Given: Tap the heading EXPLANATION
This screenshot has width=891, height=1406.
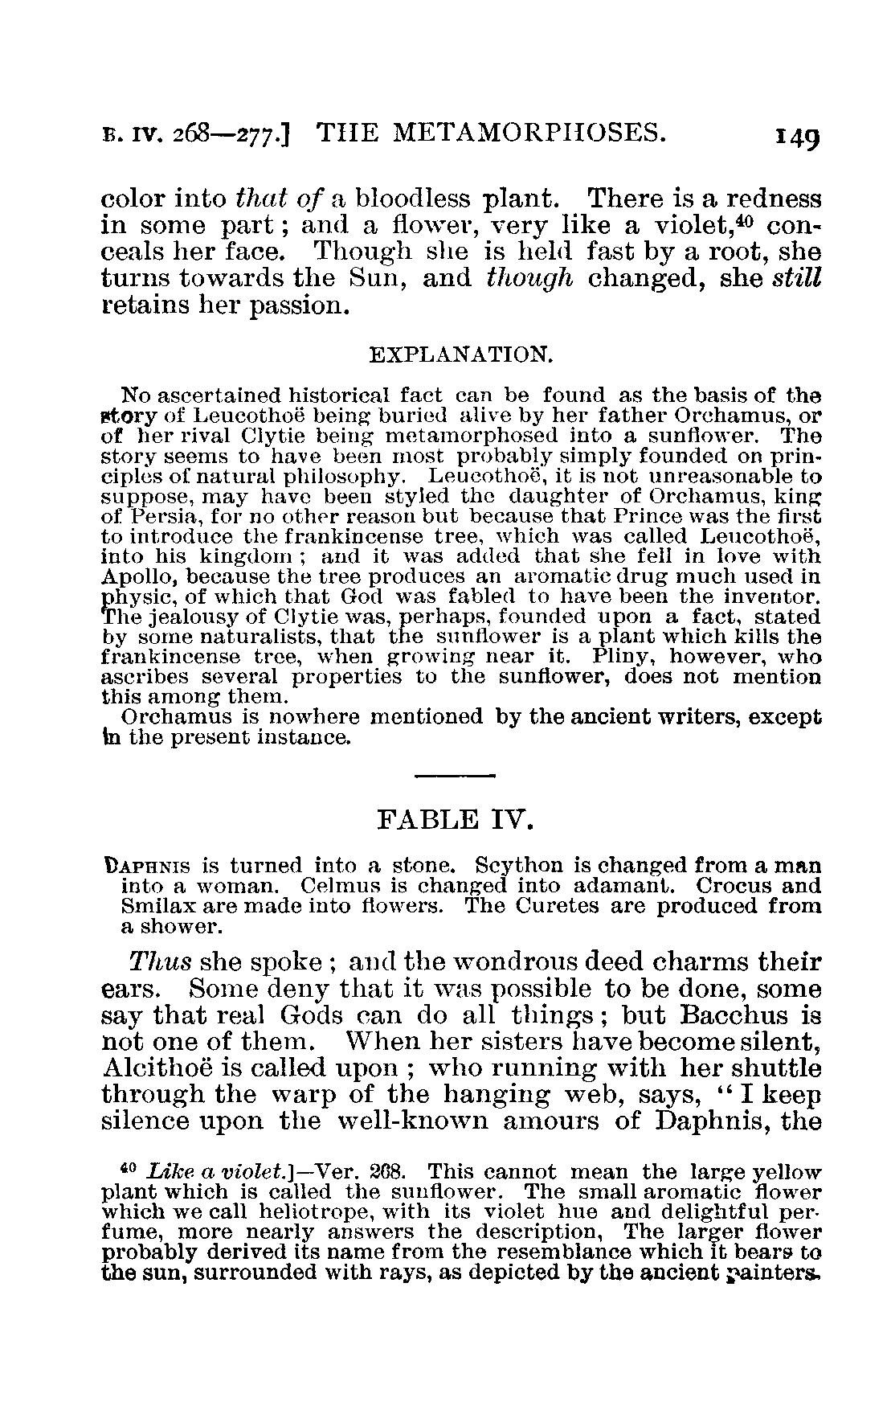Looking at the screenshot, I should click(x=460, y=355).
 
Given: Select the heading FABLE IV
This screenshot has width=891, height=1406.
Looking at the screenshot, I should click(x=455, y=821).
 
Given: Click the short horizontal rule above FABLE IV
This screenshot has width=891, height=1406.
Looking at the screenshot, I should click(x=455, y=775).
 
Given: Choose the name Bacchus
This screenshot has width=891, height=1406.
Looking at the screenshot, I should click(x=732, y=1015).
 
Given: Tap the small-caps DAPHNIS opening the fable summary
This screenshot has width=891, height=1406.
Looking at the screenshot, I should click(x=148, y=866).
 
